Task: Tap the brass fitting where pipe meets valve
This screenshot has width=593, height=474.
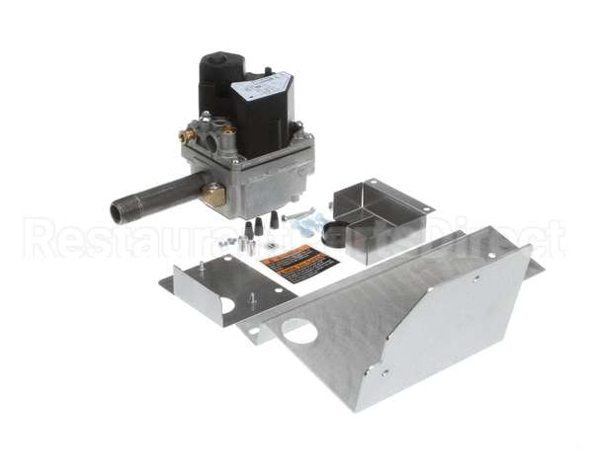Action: coord(212,196)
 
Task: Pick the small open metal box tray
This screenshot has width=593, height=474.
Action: coord(381,211)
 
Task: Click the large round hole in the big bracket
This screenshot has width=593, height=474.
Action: coord(299,330)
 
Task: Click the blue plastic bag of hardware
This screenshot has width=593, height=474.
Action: coord(315,227)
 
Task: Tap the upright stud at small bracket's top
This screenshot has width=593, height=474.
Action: coord(201,266)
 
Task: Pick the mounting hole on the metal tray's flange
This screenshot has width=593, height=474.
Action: coord(426,209)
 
